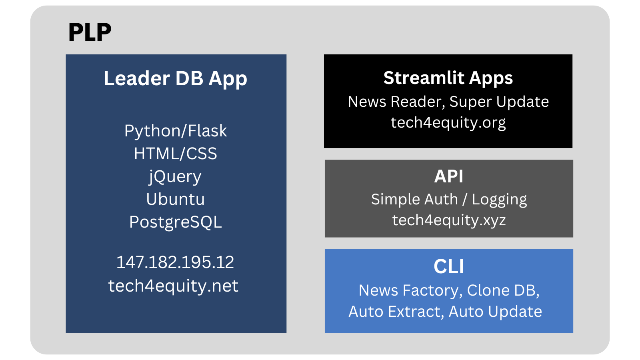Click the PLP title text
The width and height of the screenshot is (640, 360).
pyautogui.click(x=90, y=32)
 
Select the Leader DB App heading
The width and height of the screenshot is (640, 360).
pyautogui.click(x=175, y=78)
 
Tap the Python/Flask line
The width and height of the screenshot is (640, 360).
pyautogui.click(x=175, y=131)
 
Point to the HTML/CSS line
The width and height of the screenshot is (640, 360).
pyautogui.click(x=175, y=154)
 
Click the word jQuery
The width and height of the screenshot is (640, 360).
pyautogui.click(x=175, y=176)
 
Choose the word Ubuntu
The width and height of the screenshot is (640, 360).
pyautogui.click(x=175, y=199)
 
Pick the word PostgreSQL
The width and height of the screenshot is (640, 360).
pyautogui.click(x=175, y=222)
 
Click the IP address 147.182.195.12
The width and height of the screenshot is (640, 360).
pyautogui.click(x=175, y=262)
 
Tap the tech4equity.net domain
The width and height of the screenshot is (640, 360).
pyautogui.click(x=173, y=286)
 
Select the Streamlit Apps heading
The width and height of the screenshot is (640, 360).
pyautogui.click(x=448, y=78)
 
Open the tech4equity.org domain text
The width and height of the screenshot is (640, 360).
pyautogui.click(x=448, y=122)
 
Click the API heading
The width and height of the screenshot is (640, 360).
pyautogui.click(x=449, y=176)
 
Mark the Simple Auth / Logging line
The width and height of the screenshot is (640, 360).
pyautogui.click(x=449, y=199)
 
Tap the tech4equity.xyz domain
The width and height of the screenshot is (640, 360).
pyautogui.click(x=449, y=220)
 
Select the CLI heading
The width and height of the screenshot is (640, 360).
pyautogui.click(x=449, y=266)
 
